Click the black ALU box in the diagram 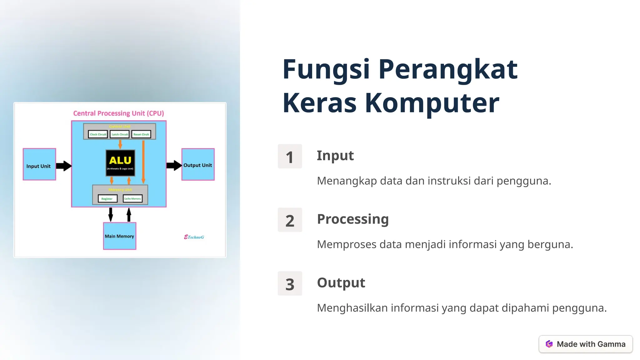click(120, 162)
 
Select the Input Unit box click(39, 164)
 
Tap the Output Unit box click(198, 164)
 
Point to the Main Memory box click(119, 236)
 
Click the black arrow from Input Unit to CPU click(64, 166)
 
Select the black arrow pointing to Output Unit click(174, 165)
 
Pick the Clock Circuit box click(98, 134)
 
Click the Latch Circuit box click(120, 134)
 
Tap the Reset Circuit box click(141, 134)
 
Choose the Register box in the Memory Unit click(107, 199)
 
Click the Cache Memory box click(132, 199)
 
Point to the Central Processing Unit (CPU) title click(118, 113)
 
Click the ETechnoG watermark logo click(194, 237)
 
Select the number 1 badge click(290, 157)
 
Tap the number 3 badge click(290, 284)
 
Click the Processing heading click(353, 219)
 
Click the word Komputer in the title click(432, 103)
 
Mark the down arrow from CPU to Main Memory click(111, 214)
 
